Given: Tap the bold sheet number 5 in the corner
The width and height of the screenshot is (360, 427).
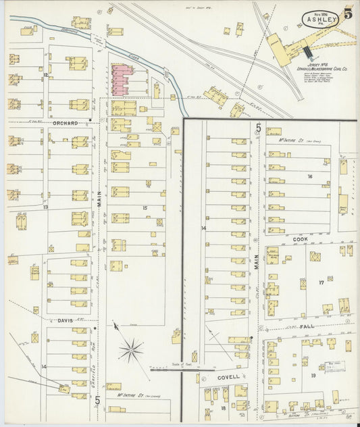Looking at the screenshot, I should pos(348,11).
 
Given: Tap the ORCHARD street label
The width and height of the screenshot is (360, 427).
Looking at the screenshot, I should pos(65,123).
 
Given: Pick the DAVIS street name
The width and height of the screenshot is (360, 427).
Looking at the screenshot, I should pos(65,320).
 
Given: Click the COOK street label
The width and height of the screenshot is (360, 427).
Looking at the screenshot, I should pos(300,238).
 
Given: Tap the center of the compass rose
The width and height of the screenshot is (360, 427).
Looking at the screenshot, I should pos(131,350).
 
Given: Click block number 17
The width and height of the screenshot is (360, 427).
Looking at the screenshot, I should pos(322,282).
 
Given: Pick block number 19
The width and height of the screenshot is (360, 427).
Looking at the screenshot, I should pos(313,375).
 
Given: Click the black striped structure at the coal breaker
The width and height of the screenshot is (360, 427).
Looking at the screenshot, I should pos(307,52).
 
